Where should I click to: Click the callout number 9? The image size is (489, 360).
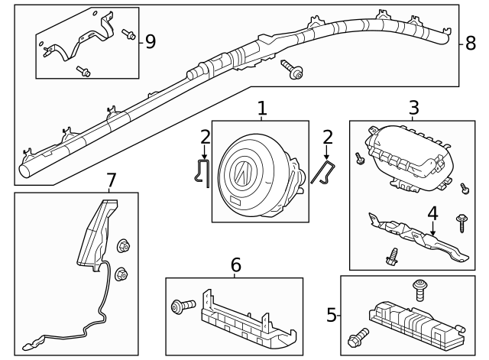(151, 41)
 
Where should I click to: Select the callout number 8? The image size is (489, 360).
(471, 43)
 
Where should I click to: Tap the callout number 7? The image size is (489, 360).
(111, 180)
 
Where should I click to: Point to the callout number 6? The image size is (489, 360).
(236, 265)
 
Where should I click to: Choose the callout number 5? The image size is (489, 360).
(332, 315)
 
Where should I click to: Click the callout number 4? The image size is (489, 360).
(433, 213)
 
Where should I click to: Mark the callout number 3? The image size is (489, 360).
(414, 108)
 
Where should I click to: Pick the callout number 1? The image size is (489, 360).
(262, 108)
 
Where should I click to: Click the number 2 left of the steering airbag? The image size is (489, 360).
(206, 138)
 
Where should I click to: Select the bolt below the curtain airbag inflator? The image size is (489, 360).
(292, 70)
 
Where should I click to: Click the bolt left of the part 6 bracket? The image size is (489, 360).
(183, 306)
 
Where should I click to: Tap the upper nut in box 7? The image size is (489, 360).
(123, 246)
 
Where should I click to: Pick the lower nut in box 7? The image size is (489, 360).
(121, 274)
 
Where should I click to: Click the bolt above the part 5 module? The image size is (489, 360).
(419, 290)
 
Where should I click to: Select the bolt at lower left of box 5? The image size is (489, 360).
(358, 337)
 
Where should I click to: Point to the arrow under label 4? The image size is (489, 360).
(433, 228)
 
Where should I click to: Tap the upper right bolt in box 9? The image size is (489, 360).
(128, 34)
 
